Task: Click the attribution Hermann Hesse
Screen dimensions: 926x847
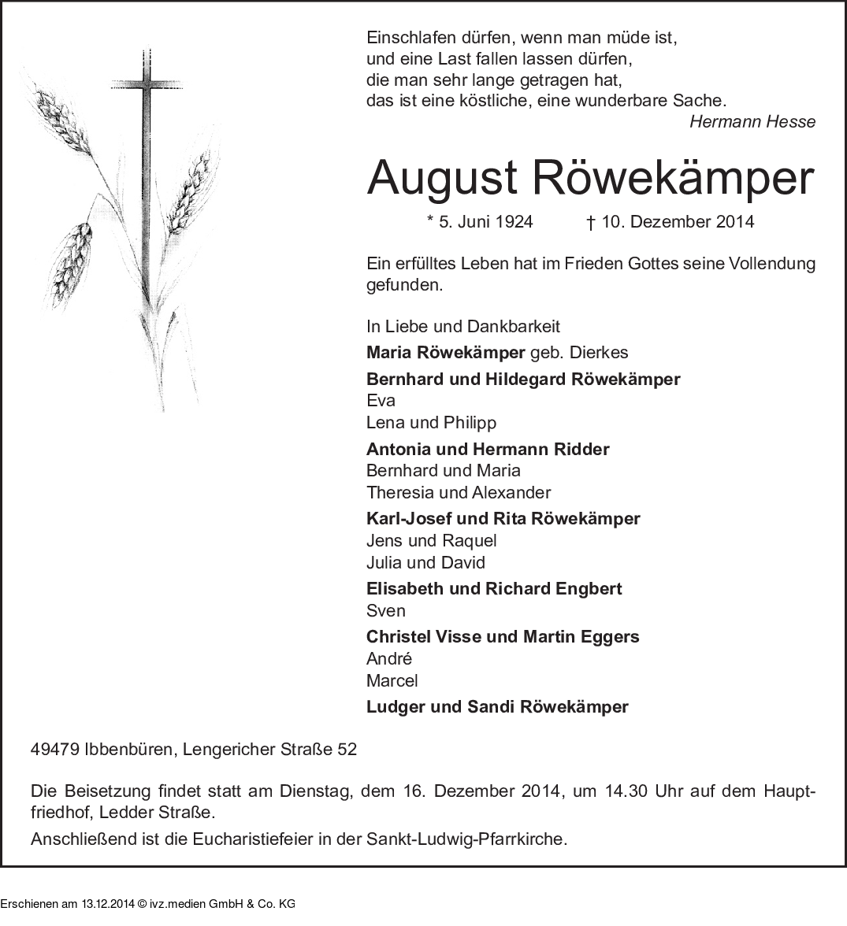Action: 752,122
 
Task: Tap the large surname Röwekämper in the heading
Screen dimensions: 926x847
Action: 674,178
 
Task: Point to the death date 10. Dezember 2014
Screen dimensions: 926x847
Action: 678,222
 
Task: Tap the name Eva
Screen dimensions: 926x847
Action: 381,400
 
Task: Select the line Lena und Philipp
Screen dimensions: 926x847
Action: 431,422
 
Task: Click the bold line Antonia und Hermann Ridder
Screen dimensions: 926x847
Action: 488,449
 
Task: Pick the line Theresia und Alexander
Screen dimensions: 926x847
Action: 459,492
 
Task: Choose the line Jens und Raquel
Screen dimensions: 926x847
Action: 431,540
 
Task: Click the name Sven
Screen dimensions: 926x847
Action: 385,610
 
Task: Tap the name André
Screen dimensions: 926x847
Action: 389,658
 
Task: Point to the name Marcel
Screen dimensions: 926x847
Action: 392,680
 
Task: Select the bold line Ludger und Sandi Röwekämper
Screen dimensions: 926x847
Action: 497,706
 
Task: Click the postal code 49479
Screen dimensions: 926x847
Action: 54,749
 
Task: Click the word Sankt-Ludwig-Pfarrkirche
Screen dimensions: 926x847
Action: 466,839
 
